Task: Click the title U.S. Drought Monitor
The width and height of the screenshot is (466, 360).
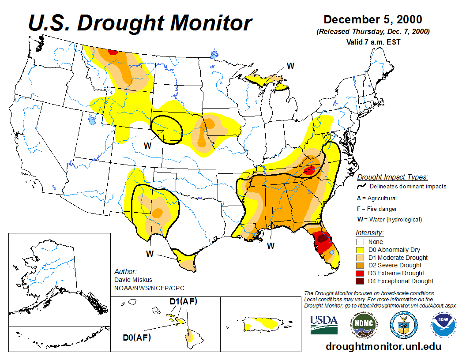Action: pyautogui.click(x=140, y=23)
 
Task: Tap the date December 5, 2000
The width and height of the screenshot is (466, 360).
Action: pyautogui.click(x=373, y=19)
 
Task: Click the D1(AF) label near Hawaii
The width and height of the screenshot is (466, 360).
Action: pyautogui.click(x=183, y=302)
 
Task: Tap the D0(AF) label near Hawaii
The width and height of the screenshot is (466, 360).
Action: pyautogui.click(x=137, y=338)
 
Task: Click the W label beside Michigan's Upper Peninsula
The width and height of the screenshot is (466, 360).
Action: pyautogui.click(x=290, y=66)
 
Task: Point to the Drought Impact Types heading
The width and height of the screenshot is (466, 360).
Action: pyautogui.click(x=392, y=177)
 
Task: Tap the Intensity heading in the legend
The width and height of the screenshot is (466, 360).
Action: pyautogui.click(x=369, y=232)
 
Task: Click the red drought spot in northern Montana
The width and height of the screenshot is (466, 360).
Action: pyautogui.click(x=113, y=52)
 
